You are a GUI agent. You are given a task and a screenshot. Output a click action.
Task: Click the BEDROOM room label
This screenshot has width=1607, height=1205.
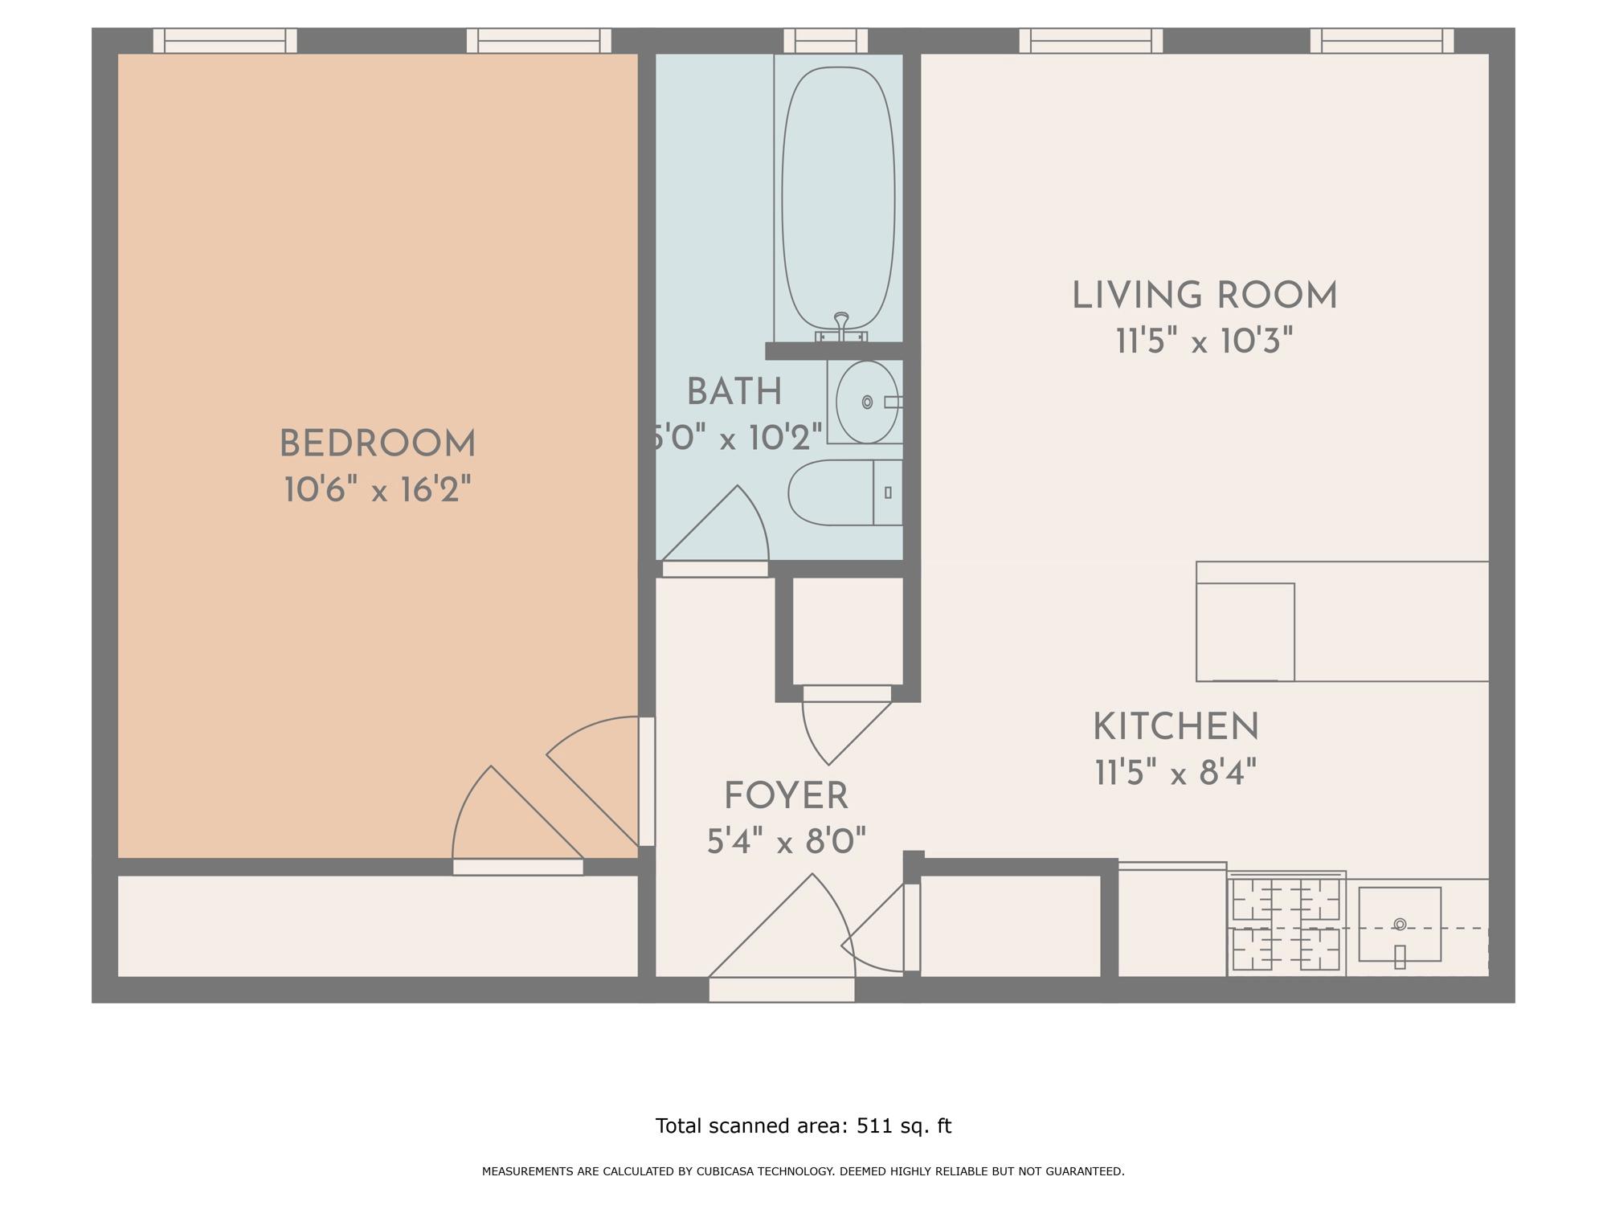(377, 444)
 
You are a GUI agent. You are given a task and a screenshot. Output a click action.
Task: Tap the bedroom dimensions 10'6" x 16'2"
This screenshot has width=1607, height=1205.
(377, 490)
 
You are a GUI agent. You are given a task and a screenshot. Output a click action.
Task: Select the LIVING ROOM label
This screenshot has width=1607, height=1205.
(1204, 296)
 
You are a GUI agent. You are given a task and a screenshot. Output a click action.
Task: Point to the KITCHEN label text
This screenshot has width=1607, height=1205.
(1175, 727)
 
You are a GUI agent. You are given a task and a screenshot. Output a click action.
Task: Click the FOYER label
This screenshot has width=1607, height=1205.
(786, 796)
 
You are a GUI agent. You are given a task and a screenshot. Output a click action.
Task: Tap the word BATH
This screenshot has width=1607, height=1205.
(734, 392)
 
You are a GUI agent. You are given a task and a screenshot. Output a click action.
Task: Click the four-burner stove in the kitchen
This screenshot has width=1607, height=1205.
(1286, 924)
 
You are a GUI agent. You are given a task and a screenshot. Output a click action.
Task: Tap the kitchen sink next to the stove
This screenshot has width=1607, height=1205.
(1399, 924)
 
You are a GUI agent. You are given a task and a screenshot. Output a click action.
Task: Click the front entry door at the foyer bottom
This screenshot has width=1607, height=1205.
(781, 990)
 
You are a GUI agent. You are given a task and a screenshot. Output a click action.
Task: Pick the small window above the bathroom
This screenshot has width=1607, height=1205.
(825, 40)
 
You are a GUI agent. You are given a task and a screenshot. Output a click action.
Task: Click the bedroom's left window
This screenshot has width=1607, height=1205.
(225, 40)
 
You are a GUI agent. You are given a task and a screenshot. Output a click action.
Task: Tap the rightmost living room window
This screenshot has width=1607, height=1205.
(1381, 40)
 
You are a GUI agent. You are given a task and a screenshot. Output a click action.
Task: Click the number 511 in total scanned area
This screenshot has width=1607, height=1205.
(874, 1125)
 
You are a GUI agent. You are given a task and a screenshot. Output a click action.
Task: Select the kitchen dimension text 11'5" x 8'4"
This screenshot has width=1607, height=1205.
(1175, 774)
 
